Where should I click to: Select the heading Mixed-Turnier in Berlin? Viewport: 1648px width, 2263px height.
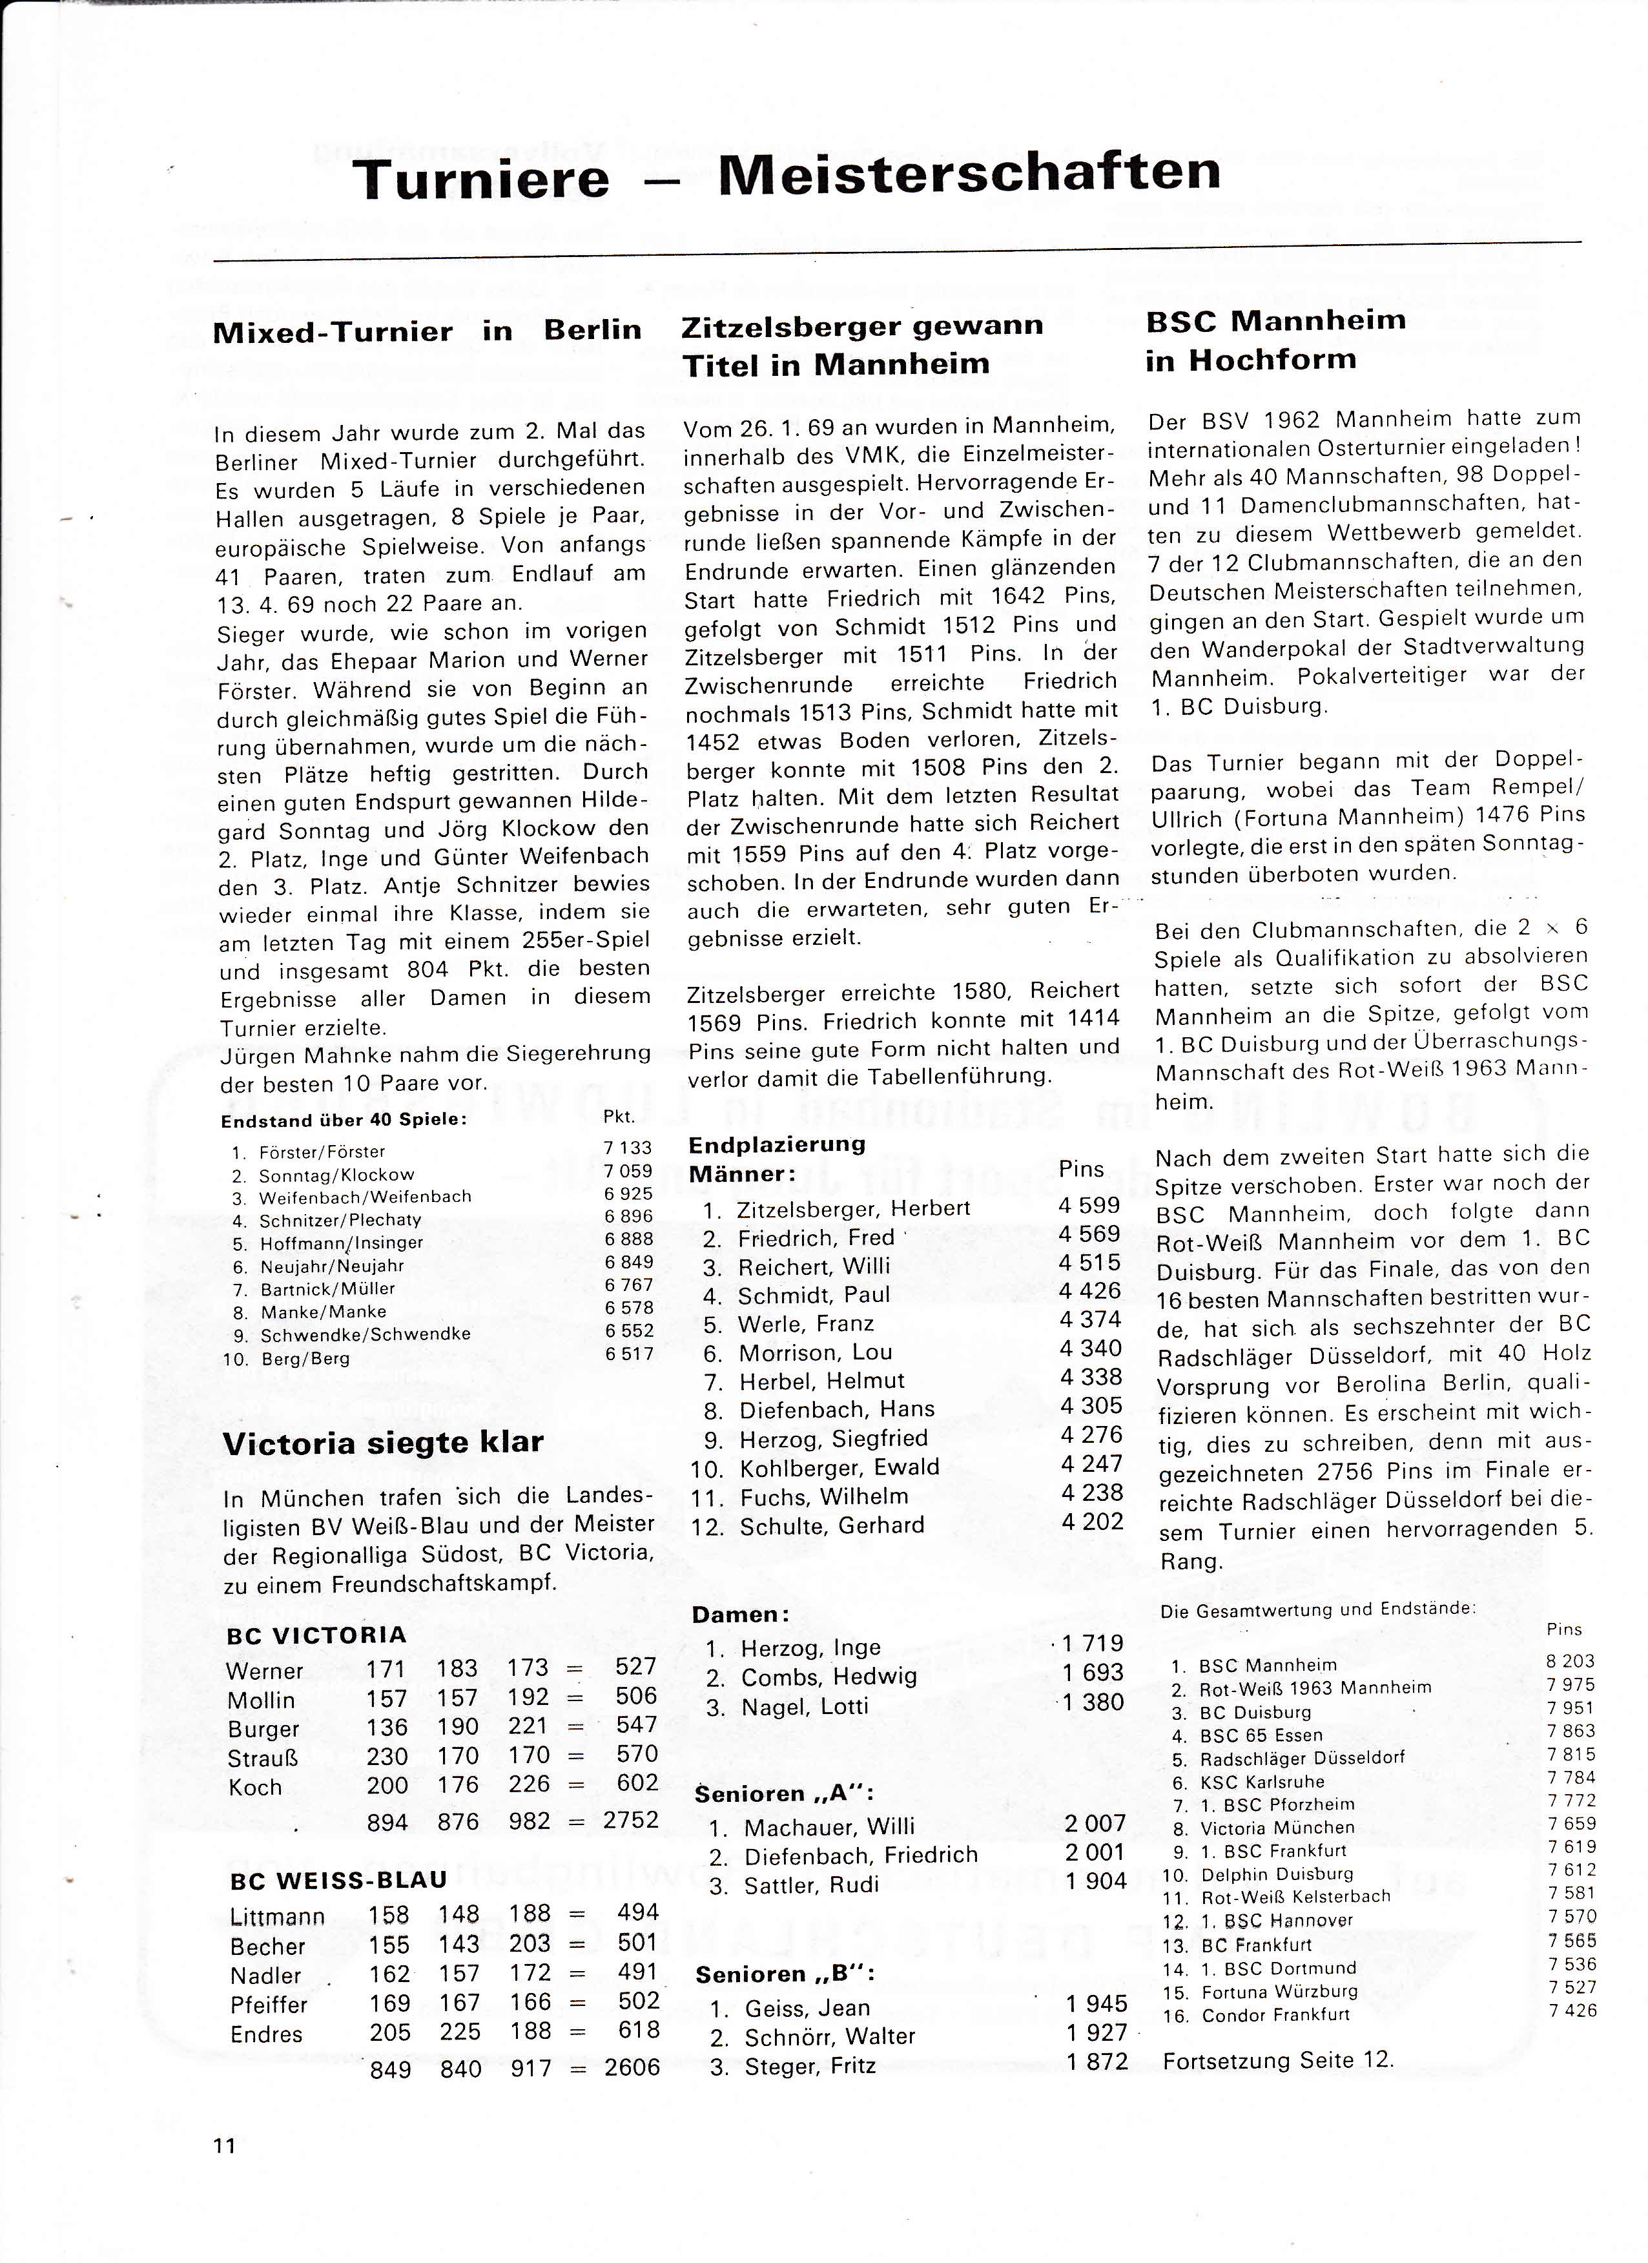(427, 331)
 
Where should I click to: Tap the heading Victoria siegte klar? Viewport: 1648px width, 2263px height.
(383, 1443)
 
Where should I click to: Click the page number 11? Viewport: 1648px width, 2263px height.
(223, 2146)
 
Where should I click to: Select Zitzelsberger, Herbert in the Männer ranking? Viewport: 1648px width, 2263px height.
(853, 1208)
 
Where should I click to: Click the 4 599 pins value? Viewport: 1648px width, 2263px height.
(1089, 1204)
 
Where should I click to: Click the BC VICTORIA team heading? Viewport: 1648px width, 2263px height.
(316, 1635)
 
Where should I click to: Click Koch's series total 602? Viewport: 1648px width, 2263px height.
(637, 1783)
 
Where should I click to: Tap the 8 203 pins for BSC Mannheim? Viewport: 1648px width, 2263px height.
(1571, 1661)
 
